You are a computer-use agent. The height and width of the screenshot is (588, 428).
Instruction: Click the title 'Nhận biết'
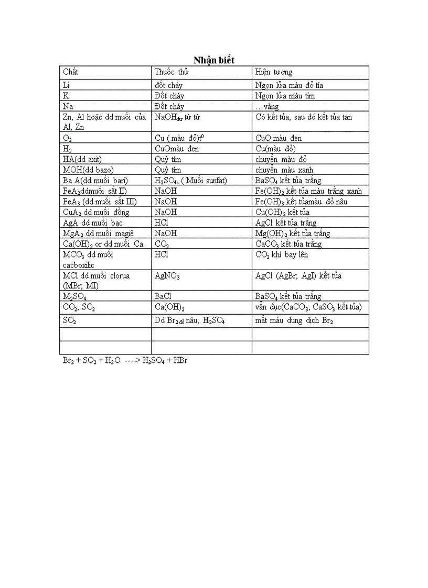pyautogui.click(x=214, y=60)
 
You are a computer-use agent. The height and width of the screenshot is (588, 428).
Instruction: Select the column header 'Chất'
pyautogui.click(x=71, y=72)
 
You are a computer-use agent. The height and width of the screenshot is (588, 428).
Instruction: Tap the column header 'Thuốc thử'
pyautogui.click(x=172, y=72)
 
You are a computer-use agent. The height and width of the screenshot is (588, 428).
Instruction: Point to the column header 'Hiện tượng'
pyautogui.click(x=274, y=72)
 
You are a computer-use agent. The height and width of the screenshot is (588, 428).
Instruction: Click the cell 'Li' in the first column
pyautogui.click(x=66, y=85)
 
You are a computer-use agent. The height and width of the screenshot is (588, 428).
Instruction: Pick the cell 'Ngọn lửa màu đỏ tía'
pyautogui.click(x=292, y=85)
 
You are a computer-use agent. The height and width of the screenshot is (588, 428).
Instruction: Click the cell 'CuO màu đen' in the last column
pyautogui.click(x=279, y=138)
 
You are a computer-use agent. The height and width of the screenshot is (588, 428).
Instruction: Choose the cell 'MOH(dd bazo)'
pyautogui.click(x=88, y=170)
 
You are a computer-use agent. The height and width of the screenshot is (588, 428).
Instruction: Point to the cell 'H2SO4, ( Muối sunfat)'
pyautogui.click(x=190, y=181)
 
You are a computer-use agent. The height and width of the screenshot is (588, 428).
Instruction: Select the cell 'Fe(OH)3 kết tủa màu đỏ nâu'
pyautogui.click(x=301, y=202)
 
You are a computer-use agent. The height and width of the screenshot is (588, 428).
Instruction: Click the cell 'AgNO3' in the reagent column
pyautogui.click(x=167, y=276)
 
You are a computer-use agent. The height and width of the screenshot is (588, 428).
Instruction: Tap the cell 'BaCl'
pyautogui.click(x=163, y=296)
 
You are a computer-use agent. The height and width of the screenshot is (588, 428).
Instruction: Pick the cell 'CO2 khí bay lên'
pyautogui.click(x=282, y=255)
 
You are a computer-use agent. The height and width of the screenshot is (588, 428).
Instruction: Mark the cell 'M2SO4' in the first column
pyautogui.click(x=74, y=297)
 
